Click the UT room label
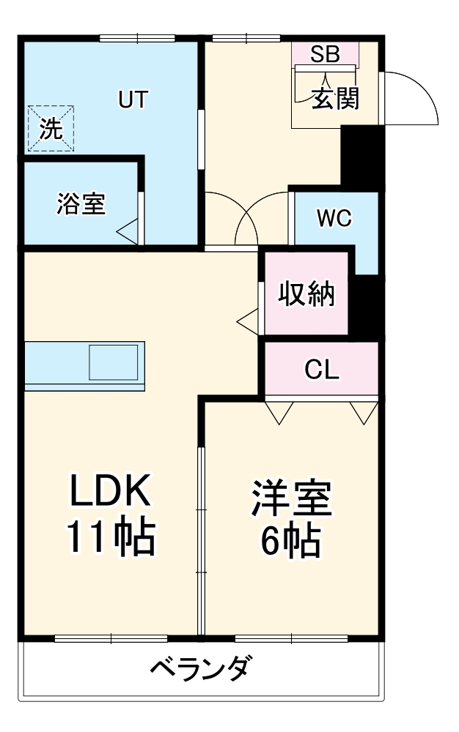133,100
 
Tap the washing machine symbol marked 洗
51,129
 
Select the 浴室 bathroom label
81,204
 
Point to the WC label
334,217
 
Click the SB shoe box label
325,54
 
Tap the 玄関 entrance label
336,98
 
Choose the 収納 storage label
306,294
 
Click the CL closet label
322,370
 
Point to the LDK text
111,491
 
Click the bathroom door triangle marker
129,234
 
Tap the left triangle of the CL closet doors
278,411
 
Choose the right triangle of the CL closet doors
362,411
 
